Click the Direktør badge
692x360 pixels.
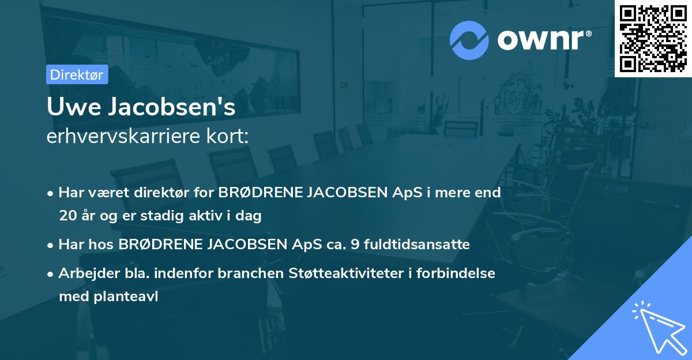tap(77, 74)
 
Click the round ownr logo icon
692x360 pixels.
tap(469, 40)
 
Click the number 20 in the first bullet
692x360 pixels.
tap(67, 216)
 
